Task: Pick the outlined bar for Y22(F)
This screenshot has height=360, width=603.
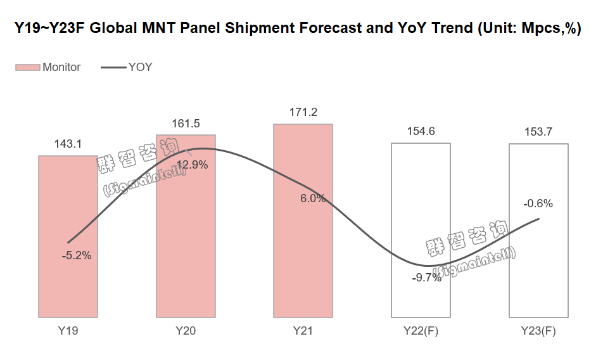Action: click(421, 209)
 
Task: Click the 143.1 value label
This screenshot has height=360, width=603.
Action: click(68, 144)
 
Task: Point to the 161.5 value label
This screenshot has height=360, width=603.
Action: click(186, 124)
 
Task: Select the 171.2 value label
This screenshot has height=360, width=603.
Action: click(303, 113)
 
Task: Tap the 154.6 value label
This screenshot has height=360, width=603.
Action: click(421, 131)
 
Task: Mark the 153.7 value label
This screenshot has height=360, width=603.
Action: click(538, 132)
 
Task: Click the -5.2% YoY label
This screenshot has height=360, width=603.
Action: click(77, 256)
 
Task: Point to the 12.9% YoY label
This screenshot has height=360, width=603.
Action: click(192, 165)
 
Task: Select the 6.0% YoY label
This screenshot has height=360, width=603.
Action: click(313, 198)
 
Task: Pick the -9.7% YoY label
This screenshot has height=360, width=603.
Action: click(426, 278)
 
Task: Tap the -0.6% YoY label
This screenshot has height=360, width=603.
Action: click(538, 203)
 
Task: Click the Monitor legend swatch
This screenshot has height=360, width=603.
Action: click(28, 67)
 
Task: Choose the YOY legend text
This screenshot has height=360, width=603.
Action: click(140, 67)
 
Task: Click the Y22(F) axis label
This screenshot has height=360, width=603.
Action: click(421, 331)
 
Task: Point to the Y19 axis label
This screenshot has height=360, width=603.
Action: click(68, 331)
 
